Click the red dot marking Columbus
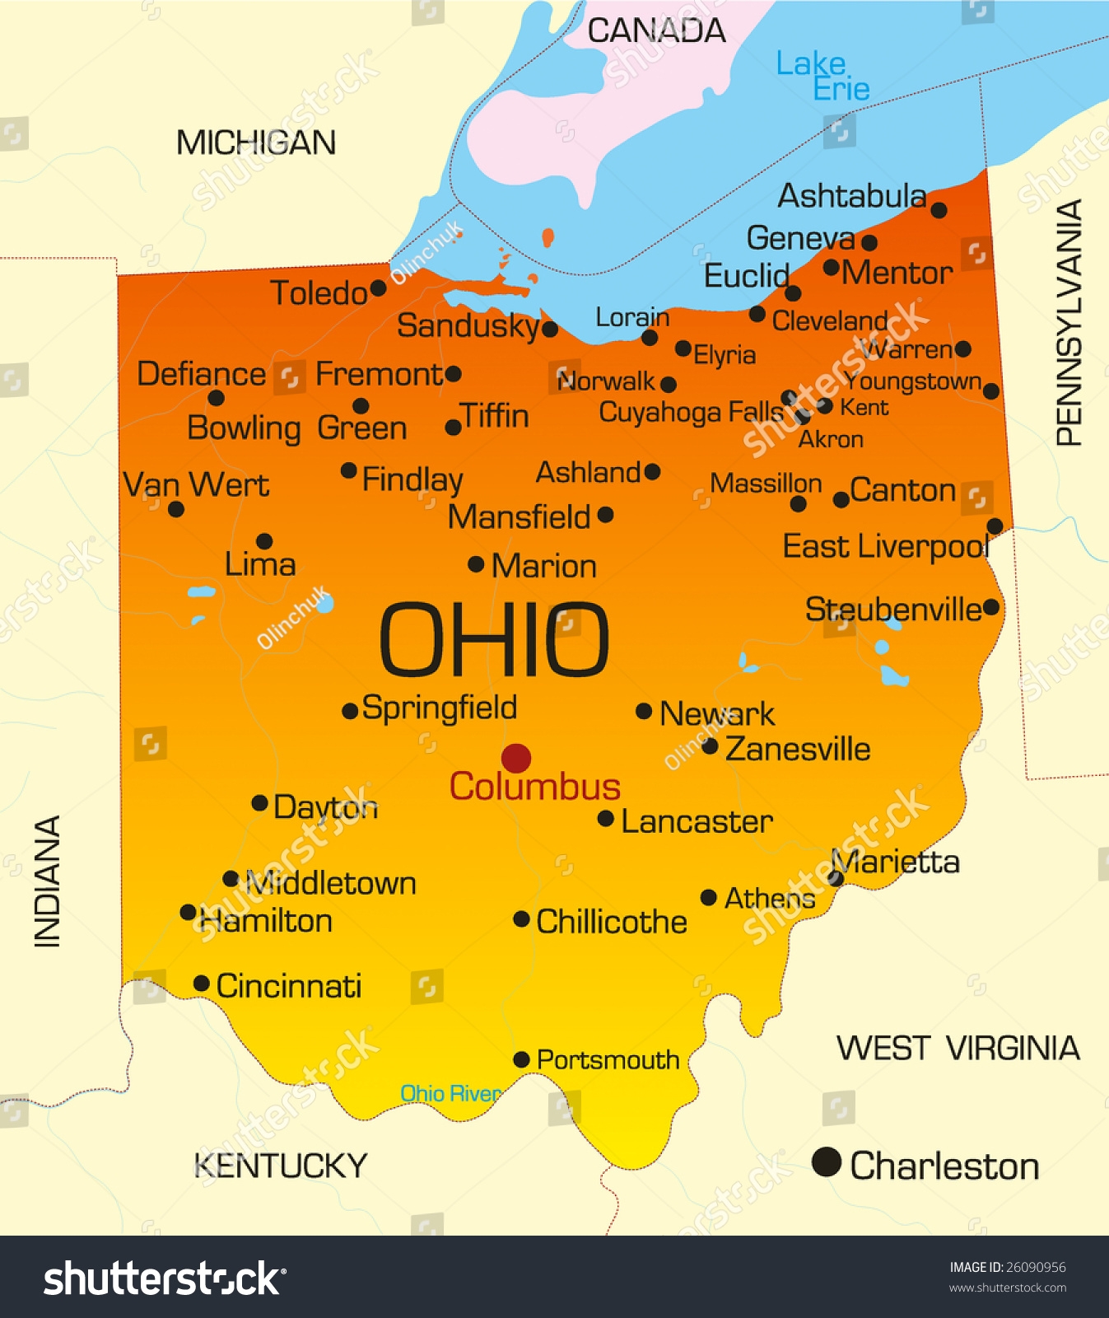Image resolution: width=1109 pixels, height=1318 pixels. (516, 758)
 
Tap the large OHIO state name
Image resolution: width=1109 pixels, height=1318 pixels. (493, 639)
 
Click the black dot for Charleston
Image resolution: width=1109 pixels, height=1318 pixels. (826, 1162)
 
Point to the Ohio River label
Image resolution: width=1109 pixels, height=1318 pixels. (450, 1093)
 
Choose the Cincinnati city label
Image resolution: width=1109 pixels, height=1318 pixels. (288, 986)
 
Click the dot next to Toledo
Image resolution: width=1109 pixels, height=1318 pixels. (378, 288)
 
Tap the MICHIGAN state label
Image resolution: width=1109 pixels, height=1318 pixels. (256, 143)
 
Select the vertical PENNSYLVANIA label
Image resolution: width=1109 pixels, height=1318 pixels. (1069, 323)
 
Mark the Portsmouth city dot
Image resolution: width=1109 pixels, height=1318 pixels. (521, 1059)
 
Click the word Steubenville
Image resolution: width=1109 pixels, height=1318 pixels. (892, 610)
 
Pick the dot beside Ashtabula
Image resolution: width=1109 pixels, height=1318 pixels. (939, 210)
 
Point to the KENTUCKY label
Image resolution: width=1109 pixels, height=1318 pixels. (281, 1166)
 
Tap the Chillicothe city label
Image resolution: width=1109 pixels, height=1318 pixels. (611, 922)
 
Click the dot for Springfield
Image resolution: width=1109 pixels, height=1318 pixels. (350, 710)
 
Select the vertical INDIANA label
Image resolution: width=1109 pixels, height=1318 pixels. (48, 881)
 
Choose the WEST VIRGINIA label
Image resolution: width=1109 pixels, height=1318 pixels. (958, 1049)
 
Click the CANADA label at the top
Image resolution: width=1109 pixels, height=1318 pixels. (656, 31)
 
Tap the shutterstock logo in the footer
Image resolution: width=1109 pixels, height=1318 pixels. (165, 1278)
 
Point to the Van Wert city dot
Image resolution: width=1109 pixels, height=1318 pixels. (175, 509)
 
